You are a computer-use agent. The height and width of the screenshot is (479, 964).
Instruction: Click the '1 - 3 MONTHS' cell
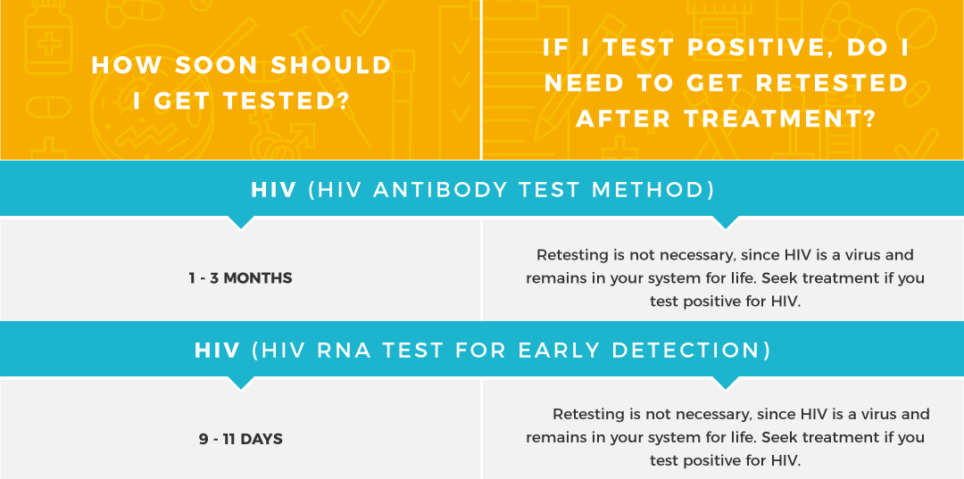click(x=240, y=278)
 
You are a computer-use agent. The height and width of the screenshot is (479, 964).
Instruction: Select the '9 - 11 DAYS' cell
click(x=241, y=439)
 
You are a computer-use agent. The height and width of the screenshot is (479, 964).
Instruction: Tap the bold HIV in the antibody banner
click(x=274, y=189)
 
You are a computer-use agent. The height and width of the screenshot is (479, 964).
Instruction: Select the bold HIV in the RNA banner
click(x=218, y=350)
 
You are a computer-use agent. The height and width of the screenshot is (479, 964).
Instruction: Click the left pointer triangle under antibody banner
click(x=241, y=222)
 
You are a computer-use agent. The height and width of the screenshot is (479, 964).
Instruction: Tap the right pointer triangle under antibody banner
click(x=726, y=222)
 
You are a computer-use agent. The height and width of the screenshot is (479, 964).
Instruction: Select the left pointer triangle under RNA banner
click(x=241, y=383)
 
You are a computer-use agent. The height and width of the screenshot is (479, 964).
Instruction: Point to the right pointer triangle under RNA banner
click(x=726, y=383)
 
